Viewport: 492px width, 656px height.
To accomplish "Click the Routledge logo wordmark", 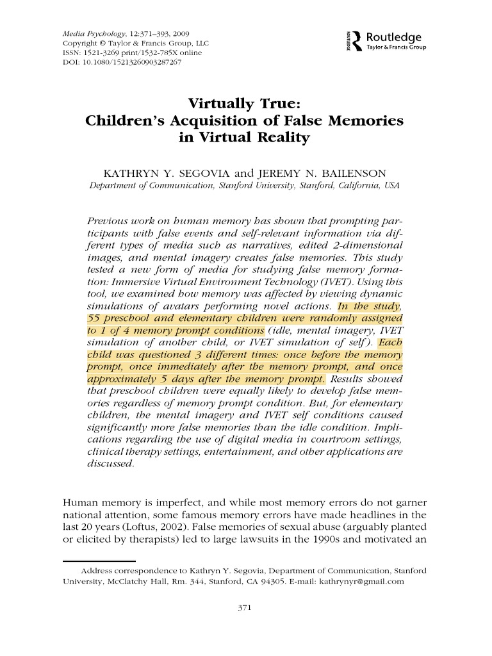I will (x=394, y=38).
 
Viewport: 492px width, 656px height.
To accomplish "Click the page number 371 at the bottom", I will (x=246, y=607).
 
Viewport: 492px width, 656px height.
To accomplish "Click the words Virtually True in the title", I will (x=246, y=104).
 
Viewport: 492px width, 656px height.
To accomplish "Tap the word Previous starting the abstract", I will (x=108, y=220).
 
